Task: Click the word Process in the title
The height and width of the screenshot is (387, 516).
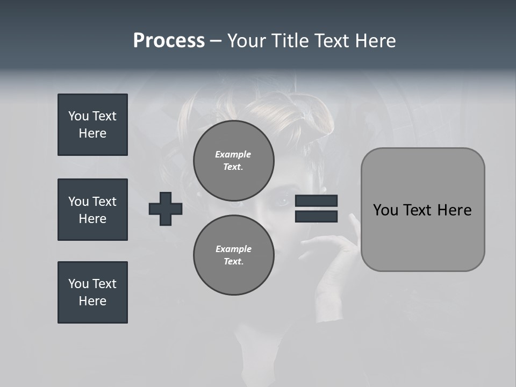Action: pyautogui.click(x=169, y=41)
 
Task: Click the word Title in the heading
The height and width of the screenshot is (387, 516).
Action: pyautogui.click(x=288, y=41)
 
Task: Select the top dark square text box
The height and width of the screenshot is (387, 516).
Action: pyautogui.click(x=92, y=125)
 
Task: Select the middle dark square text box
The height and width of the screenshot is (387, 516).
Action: pyautogui.click(x=92, y=210)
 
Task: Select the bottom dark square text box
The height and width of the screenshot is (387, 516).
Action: pyautogui.click(x=92, y=292)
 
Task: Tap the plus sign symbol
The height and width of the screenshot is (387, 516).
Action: pyautogui.click(x=166, y=209)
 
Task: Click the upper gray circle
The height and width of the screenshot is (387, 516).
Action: pyautogui.click(x=233, y=160)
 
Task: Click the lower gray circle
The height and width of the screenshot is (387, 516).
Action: pyautogui.click(x=233, y=255)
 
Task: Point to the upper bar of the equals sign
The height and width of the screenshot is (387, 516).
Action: pyautogui.click(x=316, y=201)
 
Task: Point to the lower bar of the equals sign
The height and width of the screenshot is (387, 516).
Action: pyautogui.click(x=316, y=217)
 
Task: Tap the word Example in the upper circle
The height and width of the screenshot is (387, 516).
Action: pyautogui.click(x=233, y=154)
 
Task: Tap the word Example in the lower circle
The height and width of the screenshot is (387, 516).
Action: pyautogui.click(x=233, y=249)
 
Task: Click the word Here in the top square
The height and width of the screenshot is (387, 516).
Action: pyautogui.click(x=92, y=133)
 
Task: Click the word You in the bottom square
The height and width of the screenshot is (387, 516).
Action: pyautogui.click(x=78, y=284)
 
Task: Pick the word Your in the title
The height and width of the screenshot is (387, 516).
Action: pyautogui.click(x=247, y=41)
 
